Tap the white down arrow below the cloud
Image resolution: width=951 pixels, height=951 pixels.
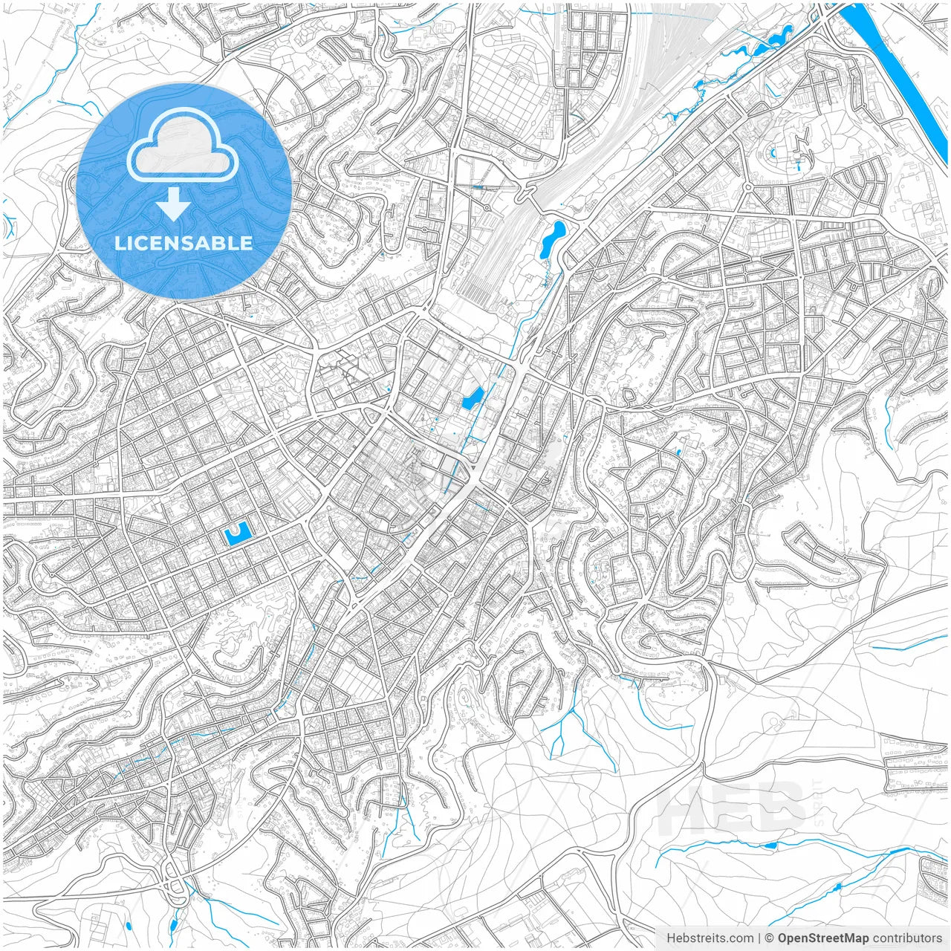coord(174,204)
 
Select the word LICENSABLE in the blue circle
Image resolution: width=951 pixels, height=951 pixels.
coord(184,243)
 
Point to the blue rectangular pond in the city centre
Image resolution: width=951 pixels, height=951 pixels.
coord(472,399)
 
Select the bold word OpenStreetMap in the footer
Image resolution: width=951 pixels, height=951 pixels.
coord(822,938)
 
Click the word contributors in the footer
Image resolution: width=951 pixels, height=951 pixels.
coord(907,938)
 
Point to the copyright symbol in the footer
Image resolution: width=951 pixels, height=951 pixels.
coord(770,938)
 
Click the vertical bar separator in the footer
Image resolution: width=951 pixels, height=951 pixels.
coord(759,938)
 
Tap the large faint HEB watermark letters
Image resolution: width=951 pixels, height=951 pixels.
coord(732,808)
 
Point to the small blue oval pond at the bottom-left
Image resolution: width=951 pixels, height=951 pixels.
coord(172,926)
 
